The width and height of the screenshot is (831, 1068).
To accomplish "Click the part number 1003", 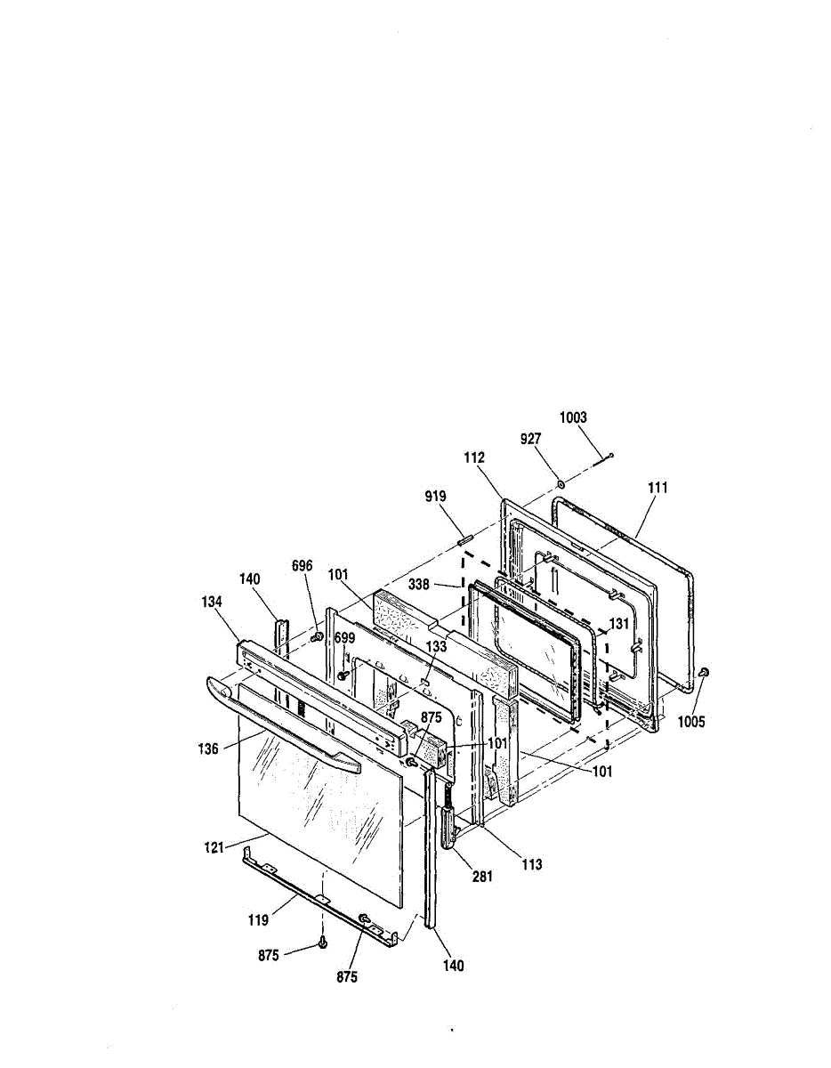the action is click(573, 417).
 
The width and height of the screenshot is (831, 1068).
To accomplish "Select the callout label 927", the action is click(531, 439).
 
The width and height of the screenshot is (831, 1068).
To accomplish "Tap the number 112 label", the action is click(474, 457).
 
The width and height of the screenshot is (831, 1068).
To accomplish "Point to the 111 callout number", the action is click(658, 488).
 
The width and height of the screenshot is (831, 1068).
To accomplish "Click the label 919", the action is click(436, 497).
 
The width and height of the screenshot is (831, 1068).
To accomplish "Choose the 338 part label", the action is click(419, 585).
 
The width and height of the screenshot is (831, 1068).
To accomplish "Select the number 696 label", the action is click(302, 566).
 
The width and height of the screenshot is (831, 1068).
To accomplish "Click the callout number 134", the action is click(212, 602).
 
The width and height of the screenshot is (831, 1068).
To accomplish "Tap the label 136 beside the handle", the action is click(208, 749).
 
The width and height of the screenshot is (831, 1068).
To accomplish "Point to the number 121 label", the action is click(214, 848).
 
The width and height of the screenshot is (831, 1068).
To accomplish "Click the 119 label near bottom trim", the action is click(258, 919).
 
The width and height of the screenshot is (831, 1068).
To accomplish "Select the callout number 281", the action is click(482, 877).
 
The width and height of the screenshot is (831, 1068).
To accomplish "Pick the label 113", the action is click(532, 864).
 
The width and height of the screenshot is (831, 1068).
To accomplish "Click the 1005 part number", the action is click(691, 722).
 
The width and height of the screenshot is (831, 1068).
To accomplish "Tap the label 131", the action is click(619, 624).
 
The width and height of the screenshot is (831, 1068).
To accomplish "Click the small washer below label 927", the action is click(560, 486).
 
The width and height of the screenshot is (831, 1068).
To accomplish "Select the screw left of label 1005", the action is click(704, 672).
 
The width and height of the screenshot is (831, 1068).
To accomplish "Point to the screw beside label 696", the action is click(318, 637).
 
